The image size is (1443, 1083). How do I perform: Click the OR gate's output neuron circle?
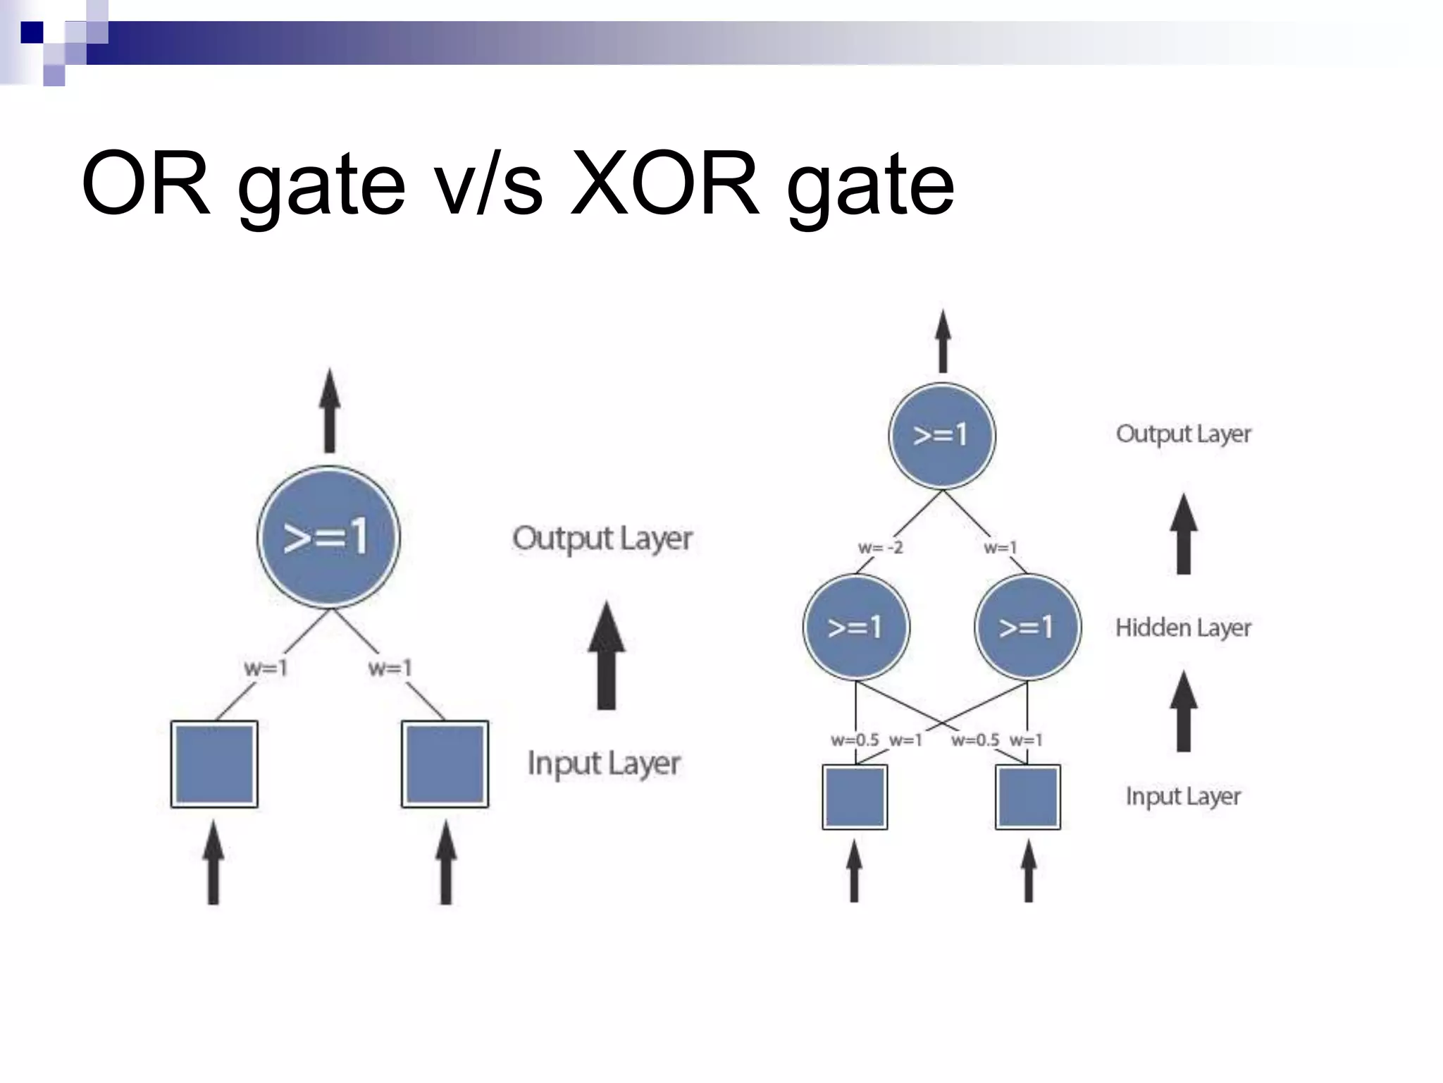(328, 537)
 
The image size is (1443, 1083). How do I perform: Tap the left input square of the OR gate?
(214, 764)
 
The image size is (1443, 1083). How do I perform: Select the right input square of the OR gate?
(445, 764)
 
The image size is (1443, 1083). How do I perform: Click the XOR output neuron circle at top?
(942, 436)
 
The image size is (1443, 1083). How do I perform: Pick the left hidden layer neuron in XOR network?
(856, 627)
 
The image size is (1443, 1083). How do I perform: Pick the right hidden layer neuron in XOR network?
(1027, 627)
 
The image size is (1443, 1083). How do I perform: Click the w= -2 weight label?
(880, 548)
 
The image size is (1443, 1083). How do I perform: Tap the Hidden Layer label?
(1183, 628)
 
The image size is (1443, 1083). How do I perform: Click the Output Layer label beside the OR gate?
(602, 539)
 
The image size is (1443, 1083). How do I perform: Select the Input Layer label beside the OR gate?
(604, 764)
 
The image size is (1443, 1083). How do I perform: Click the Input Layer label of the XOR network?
(1183, 796)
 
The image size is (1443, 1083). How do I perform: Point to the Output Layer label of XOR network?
(1183, 434)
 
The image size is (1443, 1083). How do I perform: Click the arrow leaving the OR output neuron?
(329, 411)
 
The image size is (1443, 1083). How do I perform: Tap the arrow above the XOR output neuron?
(943, 342)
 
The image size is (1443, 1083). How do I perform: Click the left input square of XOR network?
(855, 797)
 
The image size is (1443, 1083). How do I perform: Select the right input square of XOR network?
(1027, 797)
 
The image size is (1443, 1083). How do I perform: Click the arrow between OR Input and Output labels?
(606, 656)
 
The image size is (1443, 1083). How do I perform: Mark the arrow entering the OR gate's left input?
(213, 864)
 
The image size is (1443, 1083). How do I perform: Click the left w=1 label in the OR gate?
(266, 668)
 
